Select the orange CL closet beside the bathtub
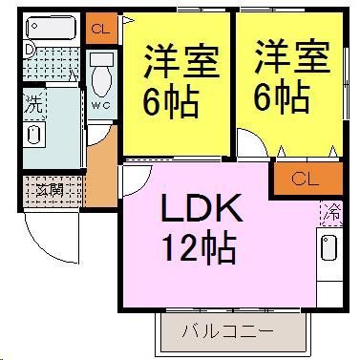[99, 28]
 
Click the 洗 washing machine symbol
[33, 104]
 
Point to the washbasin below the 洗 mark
[35, 133]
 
